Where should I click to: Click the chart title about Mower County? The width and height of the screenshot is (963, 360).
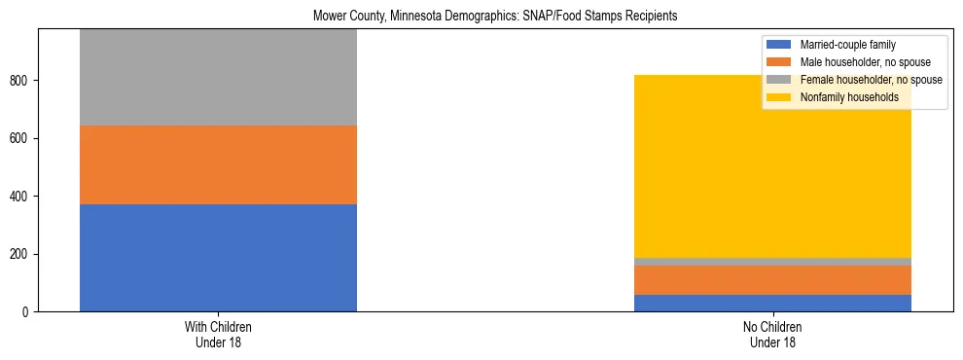tap(495, 17)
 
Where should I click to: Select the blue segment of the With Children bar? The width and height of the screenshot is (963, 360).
tap(218, 258)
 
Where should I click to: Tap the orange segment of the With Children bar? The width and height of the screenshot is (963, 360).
tap(218, 164)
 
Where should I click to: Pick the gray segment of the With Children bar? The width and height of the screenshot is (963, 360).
tap(218, 78)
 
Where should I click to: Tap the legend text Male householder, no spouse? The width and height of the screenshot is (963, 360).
tap(860, 62)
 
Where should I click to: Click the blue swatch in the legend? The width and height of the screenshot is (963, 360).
tap(779, 45)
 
